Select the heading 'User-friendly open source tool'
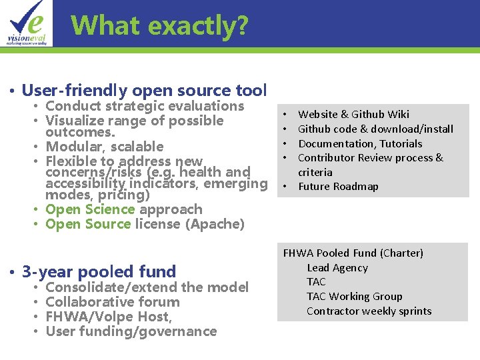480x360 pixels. [144, 90]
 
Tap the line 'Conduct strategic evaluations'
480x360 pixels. [145, 106]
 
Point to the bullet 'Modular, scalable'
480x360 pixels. [104, 147]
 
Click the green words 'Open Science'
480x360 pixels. [90, 209]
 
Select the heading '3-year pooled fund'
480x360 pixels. [99, 271]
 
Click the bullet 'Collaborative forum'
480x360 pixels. [113, 302]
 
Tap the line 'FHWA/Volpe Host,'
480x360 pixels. [109, 317]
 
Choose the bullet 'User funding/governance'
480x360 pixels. [131, 331]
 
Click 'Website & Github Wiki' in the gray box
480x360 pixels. [353, 115]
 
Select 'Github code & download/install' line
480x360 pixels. [375, 129]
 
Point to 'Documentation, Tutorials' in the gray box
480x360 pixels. [360, 143]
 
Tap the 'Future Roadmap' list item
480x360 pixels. [338, 187]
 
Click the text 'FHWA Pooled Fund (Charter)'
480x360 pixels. [353, 253]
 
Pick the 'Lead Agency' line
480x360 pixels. [337, 268]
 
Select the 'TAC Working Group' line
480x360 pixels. [355, 297]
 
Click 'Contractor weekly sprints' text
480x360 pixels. [369, 311]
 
